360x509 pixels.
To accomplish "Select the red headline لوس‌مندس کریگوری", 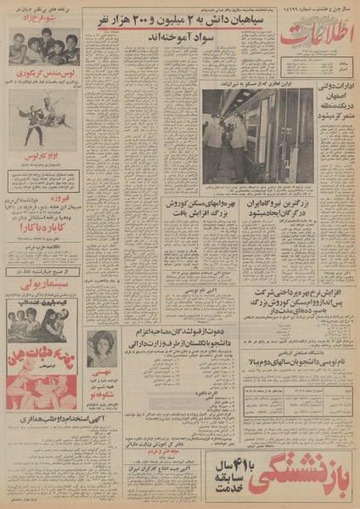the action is (44, 76).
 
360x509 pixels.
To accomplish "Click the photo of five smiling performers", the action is (44, 47).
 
